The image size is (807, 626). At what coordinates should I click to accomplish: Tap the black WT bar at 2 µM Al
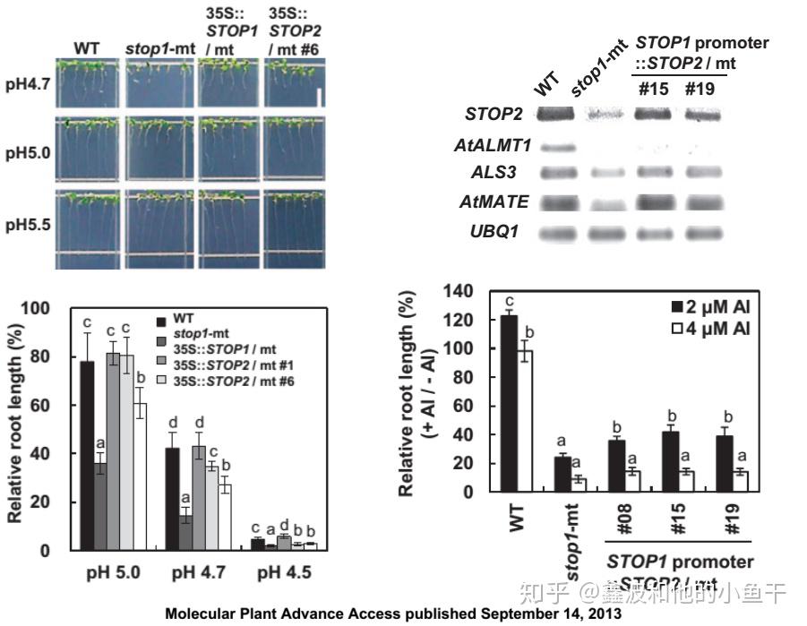point(510,403)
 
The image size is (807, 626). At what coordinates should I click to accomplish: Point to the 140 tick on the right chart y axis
point(459,291)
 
